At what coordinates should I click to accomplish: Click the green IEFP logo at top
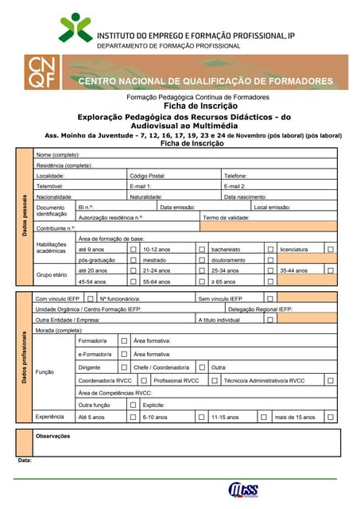tap(75, 27)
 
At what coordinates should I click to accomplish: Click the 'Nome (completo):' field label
tap(57, 154)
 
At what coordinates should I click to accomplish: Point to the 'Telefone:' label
tap(235, 175)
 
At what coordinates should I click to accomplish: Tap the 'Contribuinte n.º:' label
tap(61, 227)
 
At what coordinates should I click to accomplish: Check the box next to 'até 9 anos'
tap(134, 249)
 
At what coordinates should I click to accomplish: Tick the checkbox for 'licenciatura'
tap(330, 249)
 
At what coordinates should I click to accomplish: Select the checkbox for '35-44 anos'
tap(330, 270)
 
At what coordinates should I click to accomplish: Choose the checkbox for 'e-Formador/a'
tap(123, 353)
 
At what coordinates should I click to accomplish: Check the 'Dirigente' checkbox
tap(123, 367)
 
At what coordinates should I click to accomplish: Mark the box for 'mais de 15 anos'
tap(330, 417)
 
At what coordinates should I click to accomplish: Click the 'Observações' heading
tap(53, 436)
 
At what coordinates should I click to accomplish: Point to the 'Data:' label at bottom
tap(25, 460)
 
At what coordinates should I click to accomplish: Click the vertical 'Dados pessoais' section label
tap(25, 214)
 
